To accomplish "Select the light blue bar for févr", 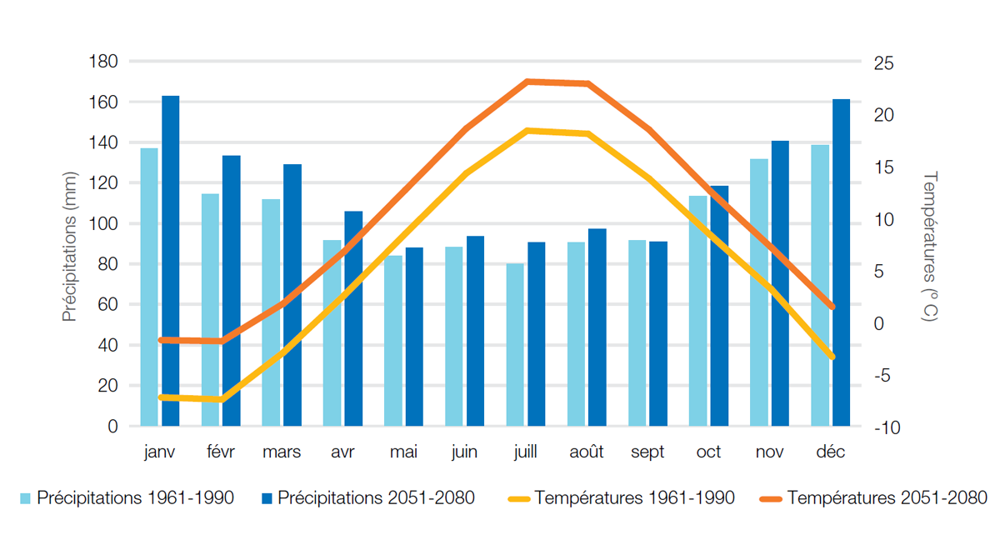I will [x=210, y=310].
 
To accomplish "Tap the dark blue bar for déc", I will [x=841, y=262].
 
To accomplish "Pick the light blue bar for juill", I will [x=516, y=345].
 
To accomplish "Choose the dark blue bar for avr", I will [x=353, y=318].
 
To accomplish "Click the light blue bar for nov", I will [x=758, y=292].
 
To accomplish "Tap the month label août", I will [x=587, y=452].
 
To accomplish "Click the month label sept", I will [x=647, y=452].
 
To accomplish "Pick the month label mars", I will [x=282, y=452].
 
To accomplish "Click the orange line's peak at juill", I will [x=527, y=82].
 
